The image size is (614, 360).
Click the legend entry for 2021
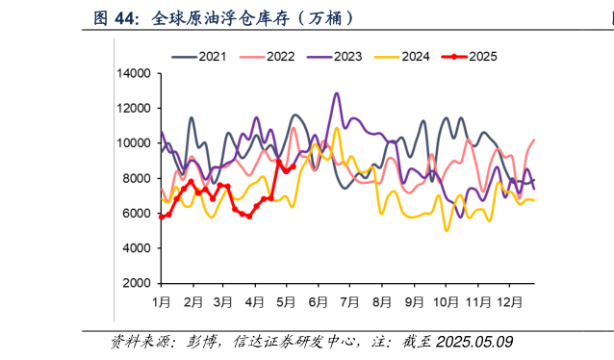point(212,56)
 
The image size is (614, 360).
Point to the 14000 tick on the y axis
point(133,73)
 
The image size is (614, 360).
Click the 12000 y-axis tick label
point(133,108)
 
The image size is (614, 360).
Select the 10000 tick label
point(133,143)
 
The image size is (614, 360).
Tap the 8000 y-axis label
point(136,178)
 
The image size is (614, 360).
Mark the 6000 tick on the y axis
point(136,214)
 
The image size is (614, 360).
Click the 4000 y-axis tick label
point(136,248)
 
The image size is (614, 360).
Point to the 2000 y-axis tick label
point(136,284)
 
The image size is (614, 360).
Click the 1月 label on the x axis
point(161,301)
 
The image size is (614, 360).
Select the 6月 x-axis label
point(319,301)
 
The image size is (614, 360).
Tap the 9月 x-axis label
point(414,301)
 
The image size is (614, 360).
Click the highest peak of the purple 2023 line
point(336,93)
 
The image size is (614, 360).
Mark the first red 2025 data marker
point(161,217)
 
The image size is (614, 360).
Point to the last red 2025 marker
point(294,167)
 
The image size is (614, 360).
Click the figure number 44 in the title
point(127,17)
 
